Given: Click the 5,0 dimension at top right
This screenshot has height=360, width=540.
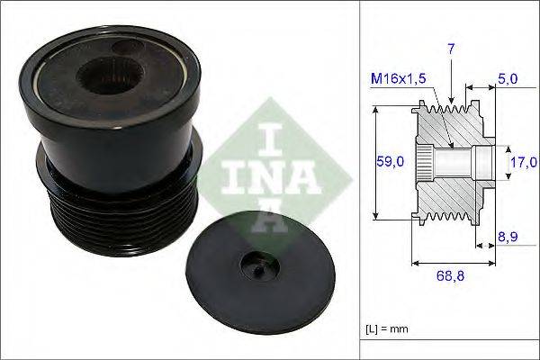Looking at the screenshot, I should pos(508,80).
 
